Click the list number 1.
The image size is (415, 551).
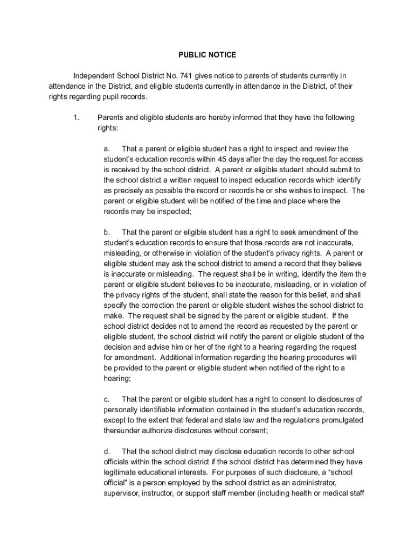(x=77, y=118)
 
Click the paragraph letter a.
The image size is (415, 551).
(x=107, y=149)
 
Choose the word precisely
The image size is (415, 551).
(x=125, y=190)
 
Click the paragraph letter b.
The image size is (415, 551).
(x=107, y=232)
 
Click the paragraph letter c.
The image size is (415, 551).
(x=107, y=399)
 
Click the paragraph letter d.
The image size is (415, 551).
(x=107, y=451)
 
